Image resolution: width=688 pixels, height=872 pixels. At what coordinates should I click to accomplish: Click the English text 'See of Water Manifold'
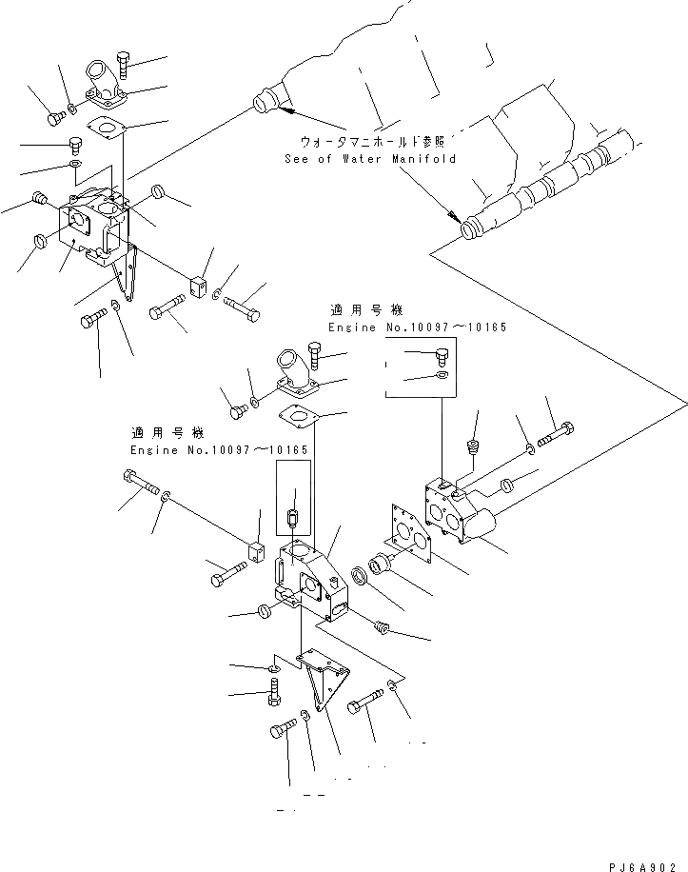(370, 159)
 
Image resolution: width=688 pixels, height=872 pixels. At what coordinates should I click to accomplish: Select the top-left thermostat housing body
(92, 227)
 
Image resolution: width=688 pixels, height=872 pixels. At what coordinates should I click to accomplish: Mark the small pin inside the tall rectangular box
(293, 519)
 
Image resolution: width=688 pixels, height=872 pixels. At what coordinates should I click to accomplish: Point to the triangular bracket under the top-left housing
(123, 276)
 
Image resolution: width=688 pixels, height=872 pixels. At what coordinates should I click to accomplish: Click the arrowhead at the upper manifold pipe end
(285, 112)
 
